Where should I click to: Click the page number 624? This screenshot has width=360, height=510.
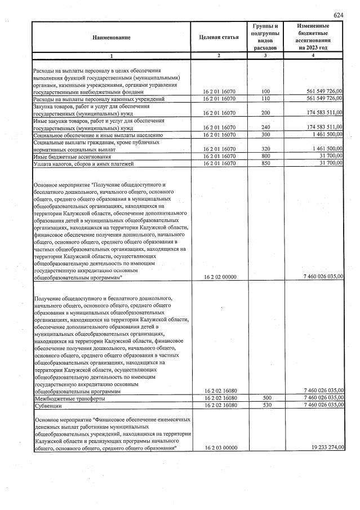click(x=338, y=15)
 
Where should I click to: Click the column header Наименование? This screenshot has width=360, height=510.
click(x=111, y=37)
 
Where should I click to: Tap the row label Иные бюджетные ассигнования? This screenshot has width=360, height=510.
click(x=72, y=157)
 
